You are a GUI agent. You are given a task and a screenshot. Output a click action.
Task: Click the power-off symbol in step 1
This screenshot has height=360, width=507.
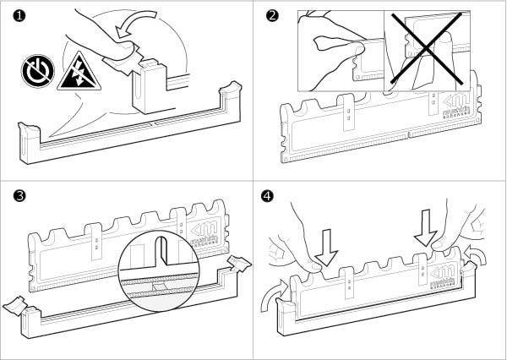(35, 73)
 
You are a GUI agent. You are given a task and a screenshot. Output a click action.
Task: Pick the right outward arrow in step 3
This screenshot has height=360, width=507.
(240, 263)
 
